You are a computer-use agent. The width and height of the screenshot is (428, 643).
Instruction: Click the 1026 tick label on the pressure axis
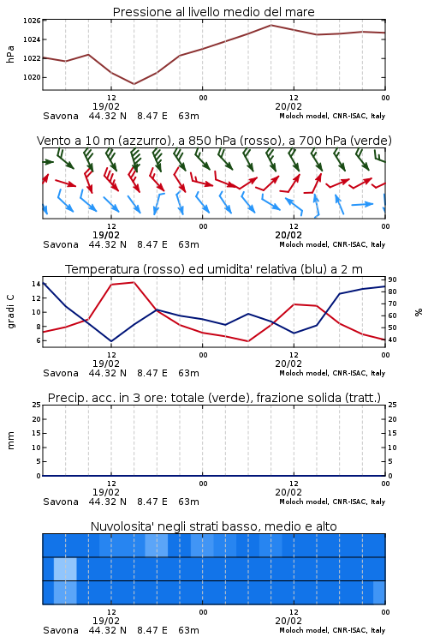[x=32, y=21]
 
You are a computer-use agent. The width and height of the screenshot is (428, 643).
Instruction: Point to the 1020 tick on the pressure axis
[x=32, y=77]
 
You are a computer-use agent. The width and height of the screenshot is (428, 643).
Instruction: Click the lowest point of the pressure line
[x=134, y=84]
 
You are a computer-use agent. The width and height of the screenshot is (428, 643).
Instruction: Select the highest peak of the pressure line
[x=270, y=25]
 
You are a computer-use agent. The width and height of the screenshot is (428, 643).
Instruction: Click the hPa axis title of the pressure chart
[x=10, y=54]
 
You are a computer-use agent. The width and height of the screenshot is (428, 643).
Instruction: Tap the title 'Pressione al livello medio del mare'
[x=214, y=12]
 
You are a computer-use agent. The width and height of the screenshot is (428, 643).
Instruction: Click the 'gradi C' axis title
[x=10, y=312]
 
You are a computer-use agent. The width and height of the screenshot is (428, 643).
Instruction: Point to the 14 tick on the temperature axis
[x=36, y=284]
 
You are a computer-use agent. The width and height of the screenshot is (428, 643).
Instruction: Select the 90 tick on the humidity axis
[x=392, y=279]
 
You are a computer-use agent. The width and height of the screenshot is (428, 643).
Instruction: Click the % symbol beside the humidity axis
[x=419, y=312]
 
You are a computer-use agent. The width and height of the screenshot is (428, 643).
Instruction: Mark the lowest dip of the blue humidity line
[x=111, y=341]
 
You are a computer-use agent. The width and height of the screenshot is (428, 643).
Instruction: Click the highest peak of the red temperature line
[x=134, y=282]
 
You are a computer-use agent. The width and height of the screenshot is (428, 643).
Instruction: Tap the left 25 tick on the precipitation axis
[x=37, y=405]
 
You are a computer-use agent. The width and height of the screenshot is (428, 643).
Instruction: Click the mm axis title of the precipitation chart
[x=10, y=441]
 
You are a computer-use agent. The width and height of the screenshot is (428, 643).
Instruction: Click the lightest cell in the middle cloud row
[x=65, y=568]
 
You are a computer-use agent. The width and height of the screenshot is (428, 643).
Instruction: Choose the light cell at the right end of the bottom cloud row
[x=379, y=592]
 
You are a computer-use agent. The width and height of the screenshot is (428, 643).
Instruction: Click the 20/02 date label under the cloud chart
[x=288, y=621]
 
